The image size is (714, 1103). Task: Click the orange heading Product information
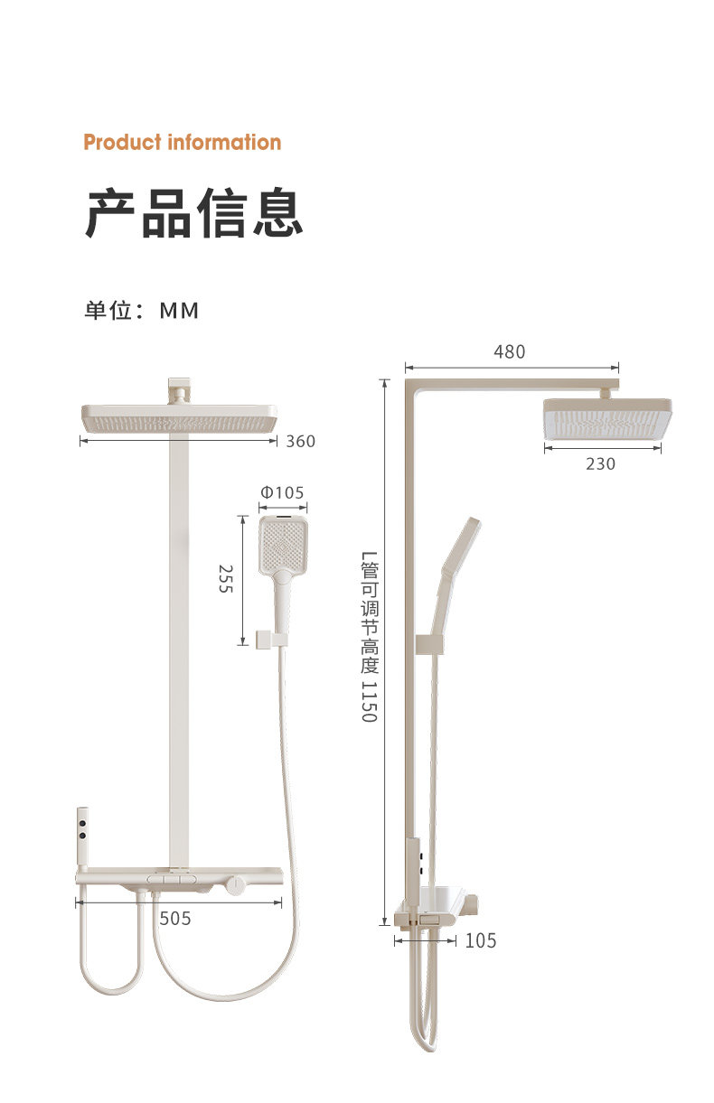pyautogui.click(x=182, y=142)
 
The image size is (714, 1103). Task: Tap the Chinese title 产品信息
pyautogui.click(x=193, y=213)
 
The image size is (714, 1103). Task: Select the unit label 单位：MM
pyautogui.click(x=141, y=311)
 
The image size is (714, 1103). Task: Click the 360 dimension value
pyautogui.click(x=300, y=441)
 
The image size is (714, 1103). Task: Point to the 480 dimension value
pyautogui.click(x=509, y=352)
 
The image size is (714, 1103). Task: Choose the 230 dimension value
pyautogui.click(x=600, y=463)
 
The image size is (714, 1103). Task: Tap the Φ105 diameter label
pyautogui.click(x=283, y=493)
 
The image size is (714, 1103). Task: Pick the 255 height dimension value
pyautogui.click(x=226, y=578)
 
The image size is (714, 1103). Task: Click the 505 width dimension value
pyautogui.click(x=175, y=918)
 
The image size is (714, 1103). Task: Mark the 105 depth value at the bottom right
pyautogui.click(x=480, y=940)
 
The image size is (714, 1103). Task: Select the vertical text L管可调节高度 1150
pyautogui.click(x=369, y=637)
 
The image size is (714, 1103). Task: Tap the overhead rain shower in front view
pyautogui.click(x=178, y=418)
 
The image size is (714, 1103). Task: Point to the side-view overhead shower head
pyautogui.click(x=606, y=420)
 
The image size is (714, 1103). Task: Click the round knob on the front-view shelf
pyautogui.click(x=236, y=881)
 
